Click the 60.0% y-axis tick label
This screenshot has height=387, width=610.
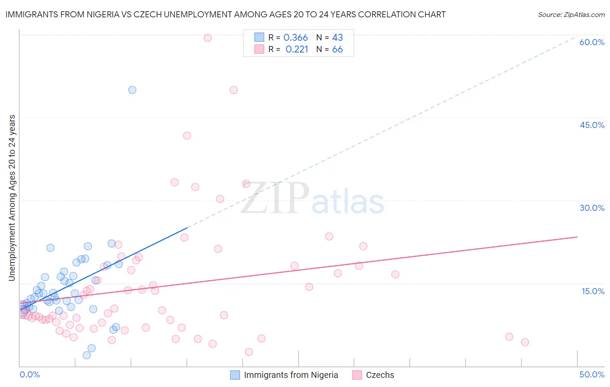click(x=592, y=42)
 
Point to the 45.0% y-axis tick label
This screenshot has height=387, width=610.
click(x=592, y=125)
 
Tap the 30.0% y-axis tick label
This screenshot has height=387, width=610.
click(x=592, y=208)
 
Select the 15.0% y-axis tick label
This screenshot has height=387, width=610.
click(x=593, y=291)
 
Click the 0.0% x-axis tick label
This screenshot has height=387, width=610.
click(x=30, y=374)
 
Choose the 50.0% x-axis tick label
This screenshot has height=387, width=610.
click(x=592, y=374)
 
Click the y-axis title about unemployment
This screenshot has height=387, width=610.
click(x=12, y=198)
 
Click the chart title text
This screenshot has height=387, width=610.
click(x=226, y=14)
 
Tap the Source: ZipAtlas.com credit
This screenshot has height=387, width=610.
click(x=571, y=14)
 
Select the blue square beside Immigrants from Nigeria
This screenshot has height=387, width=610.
click(x=235, y=375)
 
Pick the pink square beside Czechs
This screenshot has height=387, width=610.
click(x=357, y=375)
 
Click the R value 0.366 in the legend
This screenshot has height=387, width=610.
click(x=295, y=38)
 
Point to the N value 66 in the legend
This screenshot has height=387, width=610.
click(x=338, y=49)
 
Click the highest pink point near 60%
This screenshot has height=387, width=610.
click(x=207, y=38)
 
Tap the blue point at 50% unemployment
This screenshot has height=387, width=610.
click(x=132, y=90)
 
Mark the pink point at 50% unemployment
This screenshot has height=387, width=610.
click(x=233, y=90)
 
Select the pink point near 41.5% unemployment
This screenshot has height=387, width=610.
click(x=187, y=135)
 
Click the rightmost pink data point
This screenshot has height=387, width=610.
click(x=525, y=342)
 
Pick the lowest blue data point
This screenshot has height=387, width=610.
click(x=87, y=355)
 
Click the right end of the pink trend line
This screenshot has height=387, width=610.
click(x=577, y=237)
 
